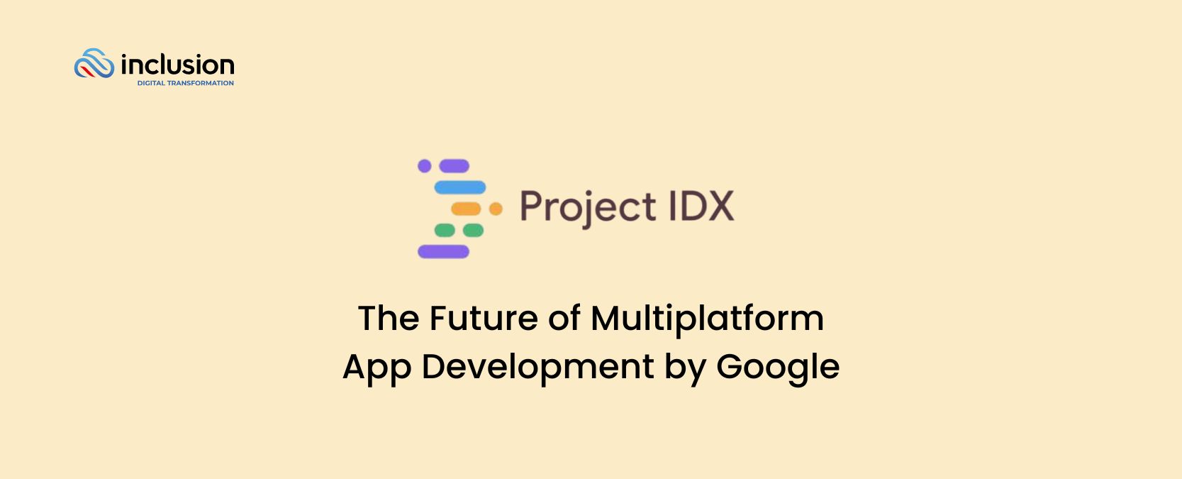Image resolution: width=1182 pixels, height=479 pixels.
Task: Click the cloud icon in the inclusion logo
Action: [x=94, y=64]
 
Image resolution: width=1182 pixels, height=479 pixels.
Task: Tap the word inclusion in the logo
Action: [x=177, y=65]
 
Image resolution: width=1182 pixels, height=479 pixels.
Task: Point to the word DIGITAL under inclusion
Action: [x=151, y=83]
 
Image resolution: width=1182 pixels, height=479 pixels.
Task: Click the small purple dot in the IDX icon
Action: [x=425, y=166]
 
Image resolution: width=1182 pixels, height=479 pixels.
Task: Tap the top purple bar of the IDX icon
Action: [x=455, y=166]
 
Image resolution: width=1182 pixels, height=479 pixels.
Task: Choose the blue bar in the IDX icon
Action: [x=460, y=187]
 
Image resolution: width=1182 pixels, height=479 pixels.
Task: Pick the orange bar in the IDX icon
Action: [x=466, y=209]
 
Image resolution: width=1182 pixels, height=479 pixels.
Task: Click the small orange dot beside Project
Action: [x=496, y=209]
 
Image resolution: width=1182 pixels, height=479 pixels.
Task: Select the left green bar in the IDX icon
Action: [x=445, y=230]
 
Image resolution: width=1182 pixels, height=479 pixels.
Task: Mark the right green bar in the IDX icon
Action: [x=473, y=230]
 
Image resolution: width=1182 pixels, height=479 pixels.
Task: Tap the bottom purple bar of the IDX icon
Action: [x=443, y=251]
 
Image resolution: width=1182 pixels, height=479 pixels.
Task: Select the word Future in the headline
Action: [x=483, y=318]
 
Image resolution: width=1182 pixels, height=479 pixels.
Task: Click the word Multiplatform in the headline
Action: [x=707, y=318]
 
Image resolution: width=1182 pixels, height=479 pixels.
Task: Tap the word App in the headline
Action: [x=377, y=368]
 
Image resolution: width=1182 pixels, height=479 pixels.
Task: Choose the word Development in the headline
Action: [x=537, y=368]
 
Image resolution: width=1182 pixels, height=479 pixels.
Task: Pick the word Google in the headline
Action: [x=778, y=368]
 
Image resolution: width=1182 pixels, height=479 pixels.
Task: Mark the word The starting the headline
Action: [x=389, y=318]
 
